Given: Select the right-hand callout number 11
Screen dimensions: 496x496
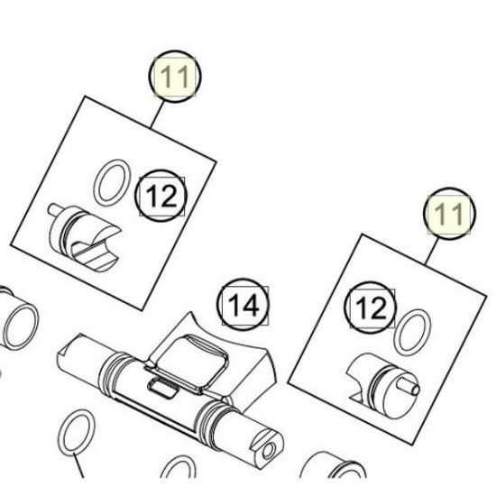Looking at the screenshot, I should click(x=448, y=216).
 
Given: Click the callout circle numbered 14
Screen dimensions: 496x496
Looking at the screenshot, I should click(x=246, y=307).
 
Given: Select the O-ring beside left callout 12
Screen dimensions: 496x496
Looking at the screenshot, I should click(x=109, y=184).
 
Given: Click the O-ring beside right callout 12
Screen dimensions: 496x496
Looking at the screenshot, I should click(x=414, y=333).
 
